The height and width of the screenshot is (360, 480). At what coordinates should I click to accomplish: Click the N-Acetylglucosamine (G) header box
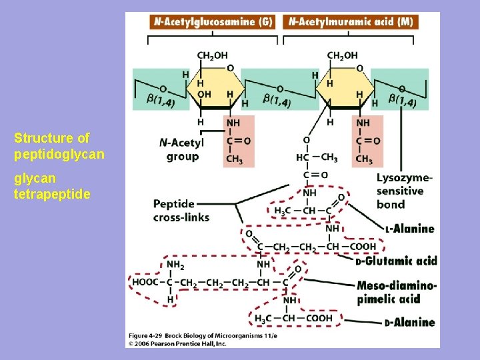[x=213, y=21]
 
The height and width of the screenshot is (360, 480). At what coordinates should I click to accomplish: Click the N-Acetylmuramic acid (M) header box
[x=351, y=21]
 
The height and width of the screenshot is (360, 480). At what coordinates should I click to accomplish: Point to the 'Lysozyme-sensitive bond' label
[x=404, y=191]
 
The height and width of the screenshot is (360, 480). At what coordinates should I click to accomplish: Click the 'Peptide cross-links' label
[x=181, y=210]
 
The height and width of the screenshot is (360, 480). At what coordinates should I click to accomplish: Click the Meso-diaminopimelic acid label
[x=397, y=293]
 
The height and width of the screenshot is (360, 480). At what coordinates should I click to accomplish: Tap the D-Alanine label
[x=409, y=323]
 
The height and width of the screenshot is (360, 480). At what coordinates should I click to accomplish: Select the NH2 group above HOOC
[x=175, y=265]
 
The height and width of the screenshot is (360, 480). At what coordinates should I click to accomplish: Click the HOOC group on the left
[x=145, y=282]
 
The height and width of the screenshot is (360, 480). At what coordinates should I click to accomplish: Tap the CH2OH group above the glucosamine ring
[x=211, y=55]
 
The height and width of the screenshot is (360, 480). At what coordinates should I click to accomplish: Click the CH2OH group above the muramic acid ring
[x=342, y=55]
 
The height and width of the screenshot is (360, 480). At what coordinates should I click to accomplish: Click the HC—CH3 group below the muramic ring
[x=316, y=157]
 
